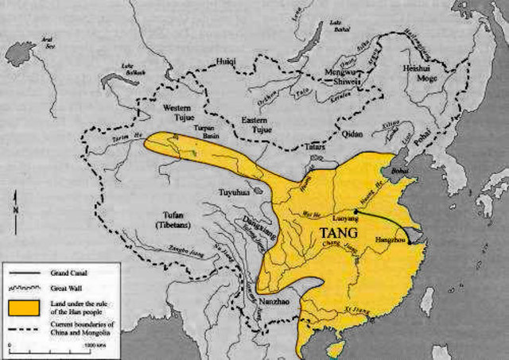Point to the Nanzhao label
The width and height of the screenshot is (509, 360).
(x=274, y=304)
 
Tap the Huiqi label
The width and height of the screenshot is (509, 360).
(x=227, y=60)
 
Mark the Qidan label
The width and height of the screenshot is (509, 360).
(x=354, y=134)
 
